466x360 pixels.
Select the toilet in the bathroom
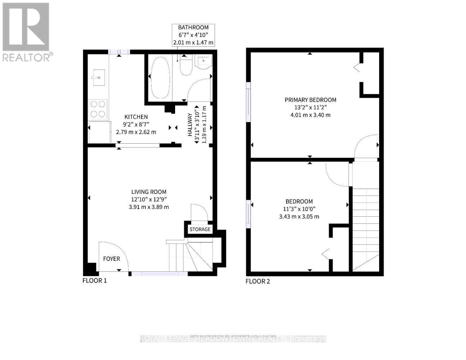(x=186, y=65)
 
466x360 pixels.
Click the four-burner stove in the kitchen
(x=98, y=109)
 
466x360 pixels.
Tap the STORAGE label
(x=200, y=229)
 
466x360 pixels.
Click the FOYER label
(x=112, y=259)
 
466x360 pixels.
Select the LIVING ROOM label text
(x=149, y=192)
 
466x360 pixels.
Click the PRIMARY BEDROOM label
(x=310, y=100)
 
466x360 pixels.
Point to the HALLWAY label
(x=190, y=125)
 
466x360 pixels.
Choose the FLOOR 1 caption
(x=95, y=281)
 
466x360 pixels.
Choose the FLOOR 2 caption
(x=258, y=281)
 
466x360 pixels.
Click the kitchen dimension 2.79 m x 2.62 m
(x=136, y=132)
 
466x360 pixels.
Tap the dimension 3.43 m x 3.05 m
(x=299, y=217)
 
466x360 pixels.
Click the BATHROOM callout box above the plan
(x=193, y=35)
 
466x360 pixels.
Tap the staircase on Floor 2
(x=366, y=229)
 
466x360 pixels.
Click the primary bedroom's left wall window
(x=249, y=102)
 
